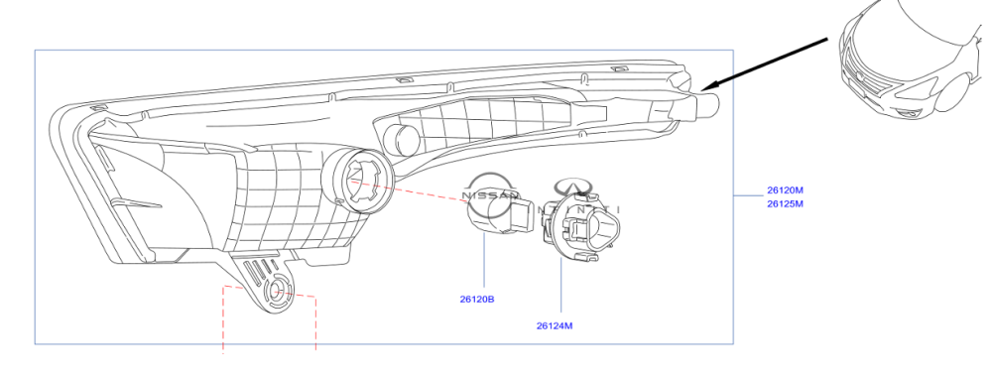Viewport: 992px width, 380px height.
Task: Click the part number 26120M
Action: [785, 190]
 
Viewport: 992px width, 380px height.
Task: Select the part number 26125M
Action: [785, 203]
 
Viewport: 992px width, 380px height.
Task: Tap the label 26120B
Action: [477, 299]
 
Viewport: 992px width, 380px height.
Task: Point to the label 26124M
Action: [555, 326]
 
